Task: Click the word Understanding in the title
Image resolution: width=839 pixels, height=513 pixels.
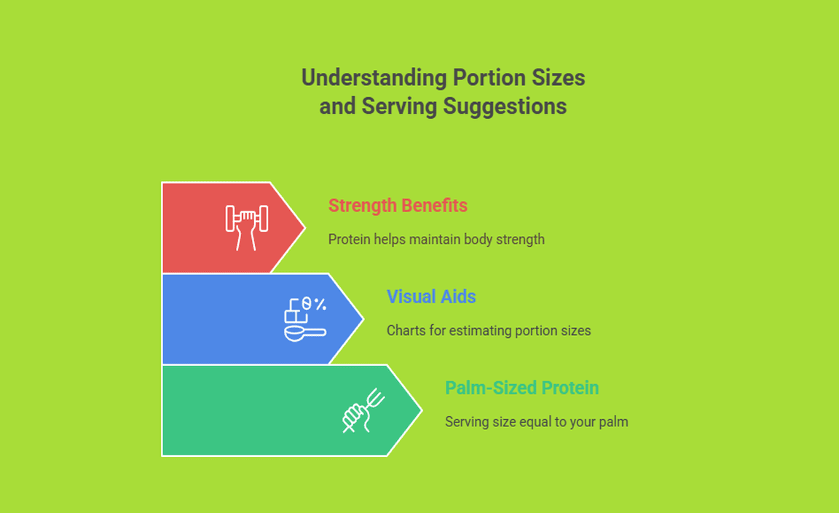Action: pyautogui.click(x=374, y=78)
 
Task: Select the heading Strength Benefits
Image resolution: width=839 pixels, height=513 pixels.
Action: pyautogui.click(x=398, y=205)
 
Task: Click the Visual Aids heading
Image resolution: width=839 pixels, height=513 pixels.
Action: pyautogui.click(x=431, y=297)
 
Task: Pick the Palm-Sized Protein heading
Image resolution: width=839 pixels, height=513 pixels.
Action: pyautogui.click(x=521, y=388)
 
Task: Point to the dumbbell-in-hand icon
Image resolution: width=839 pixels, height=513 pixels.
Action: pyautogui.click(x=247, y=227)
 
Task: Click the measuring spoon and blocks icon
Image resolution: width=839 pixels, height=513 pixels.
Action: pyautogui.click(x=305, y=319)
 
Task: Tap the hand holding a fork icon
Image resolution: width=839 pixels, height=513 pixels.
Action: pyautogui.click(x=364, y=411)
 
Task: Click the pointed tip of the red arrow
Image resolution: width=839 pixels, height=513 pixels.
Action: pyautogui.click(x=305, y=227)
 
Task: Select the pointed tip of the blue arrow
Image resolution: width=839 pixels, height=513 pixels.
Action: pyautogui.click(x=363, y=319)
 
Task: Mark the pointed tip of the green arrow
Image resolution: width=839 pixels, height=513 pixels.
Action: pyautogui.click(x=422, y=411)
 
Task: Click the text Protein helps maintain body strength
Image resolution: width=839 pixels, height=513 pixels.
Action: pyautogui.click(x=436, y=239)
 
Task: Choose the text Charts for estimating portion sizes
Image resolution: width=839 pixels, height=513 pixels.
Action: pyautogui.click(x=489, y=330)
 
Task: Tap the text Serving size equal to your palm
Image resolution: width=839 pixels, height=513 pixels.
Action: pyautogui.click(x=537, y=422)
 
